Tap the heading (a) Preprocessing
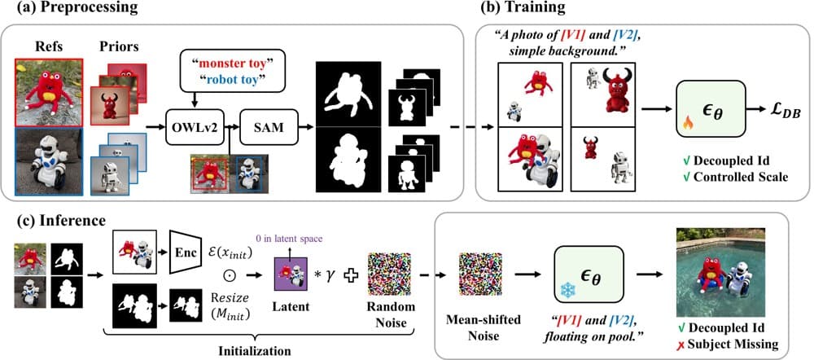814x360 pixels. pos(74,8)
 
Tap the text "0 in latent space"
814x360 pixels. pos(290,239)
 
